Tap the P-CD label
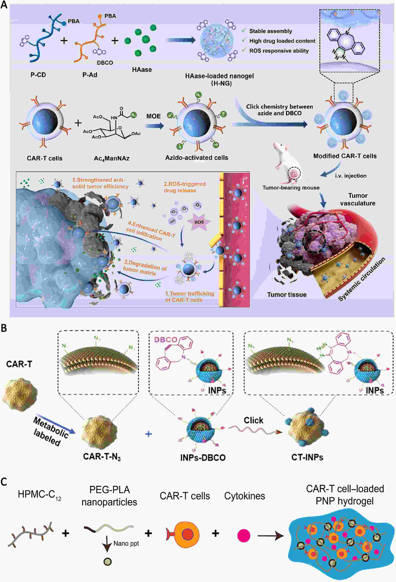click(x=38, y=75)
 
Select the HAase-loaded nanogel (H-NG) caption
click(x=219, y=79)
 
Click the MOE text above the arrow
click(x=153, y=116)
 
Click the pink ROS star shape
click(x=199, y=222)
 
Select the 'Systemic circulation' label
click(x=362, y=279)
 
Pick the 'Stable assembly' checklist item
click(x=270, y=31)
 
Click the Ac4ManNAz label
click(x=112, y=158)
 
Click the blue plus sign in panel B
click(x=148, y=434)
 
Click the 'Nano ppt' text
click(x=126, y=543)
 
